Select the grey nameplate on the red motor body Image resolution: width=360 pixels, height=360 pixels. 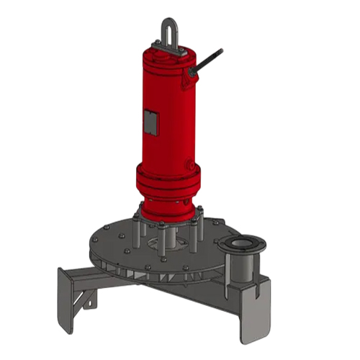(148, 122)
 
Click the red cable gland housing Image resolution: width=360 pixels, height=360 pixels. (192, 72)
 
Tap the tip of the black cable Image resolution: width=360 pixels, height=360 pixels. (220, 50)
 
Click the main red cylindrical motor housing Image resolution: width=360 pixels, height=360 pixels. (167, 115)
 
